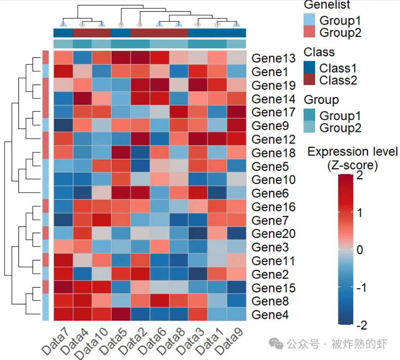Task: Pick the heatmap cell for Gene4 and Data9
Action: [x=236, y=314]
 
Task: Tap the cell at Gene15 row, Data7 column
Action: [x=63, y=288]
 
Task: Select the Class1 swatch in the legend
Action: [x=309, y=68]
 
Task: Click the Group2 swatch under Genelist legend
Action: [x=309, y=32]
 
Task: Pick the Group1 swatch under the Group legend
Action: [x=309, y=116]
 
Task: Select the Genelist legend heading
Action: [x=327, y=5]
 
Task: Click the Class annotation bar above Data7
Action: [x=63, y=33]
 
